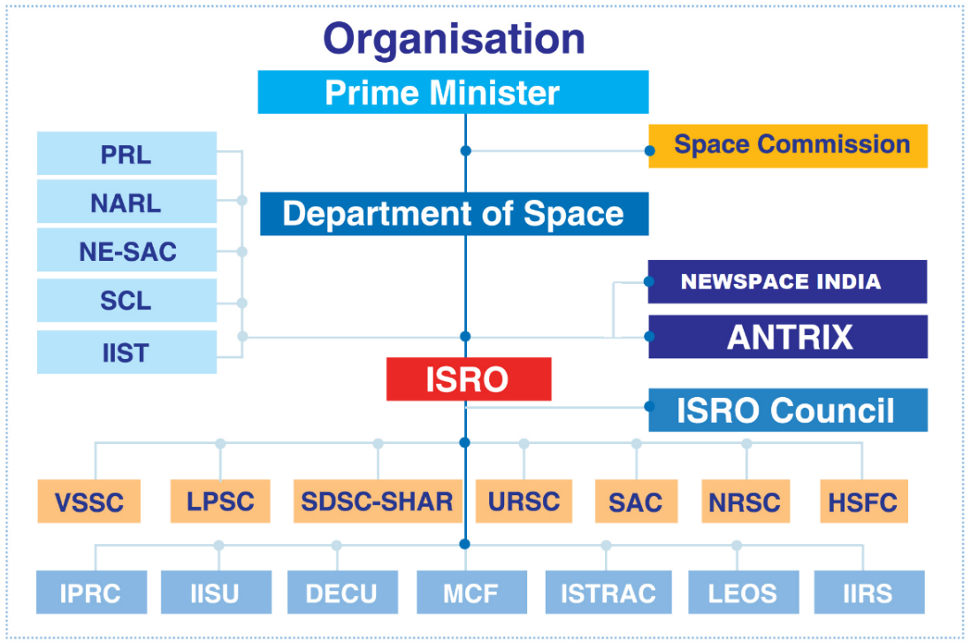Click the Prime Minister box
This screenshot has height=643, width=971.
click(x=454, y=92)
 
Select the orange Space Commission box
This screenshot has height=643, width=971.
click(x=788, y=146)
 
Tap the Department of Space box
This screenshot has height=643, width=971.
click(x=455, y=214)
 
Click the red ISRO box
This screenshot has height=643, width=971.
click(x=469, y=379)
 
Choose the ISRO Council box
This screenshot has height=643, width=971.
click(x=788, y=410)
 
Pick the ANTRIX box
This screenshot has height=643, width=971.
click(x=788, y=336)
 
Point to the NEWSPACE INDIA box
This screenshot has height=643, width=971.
click(x=788, y=282)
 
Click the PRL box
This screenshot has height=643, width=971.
click(x=127, y=153)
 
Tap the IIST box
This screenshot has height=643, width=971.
click(x=127, y=352)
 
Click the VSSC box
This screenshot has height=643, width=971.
click(x=89, y=501)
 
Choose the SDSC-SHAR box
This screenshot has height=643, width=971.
click(x=378, y=501)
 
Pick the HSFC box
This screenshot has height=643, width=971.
click(x=864, y=501)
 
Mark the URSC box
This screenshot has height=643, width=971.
click(x=524, y=501)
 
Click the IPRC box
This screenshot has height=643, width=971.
click(x=92, y=593)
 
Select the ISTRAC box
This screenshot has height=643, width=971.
click(x=608, y=593)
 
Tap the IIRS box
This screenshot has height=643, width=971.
click(x=869, y=593)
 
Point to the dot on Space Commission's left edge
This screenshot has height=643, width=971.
click(x=650, y=150)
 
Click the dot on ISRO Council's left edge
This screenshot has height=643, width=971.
click(x=650, y=406)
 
